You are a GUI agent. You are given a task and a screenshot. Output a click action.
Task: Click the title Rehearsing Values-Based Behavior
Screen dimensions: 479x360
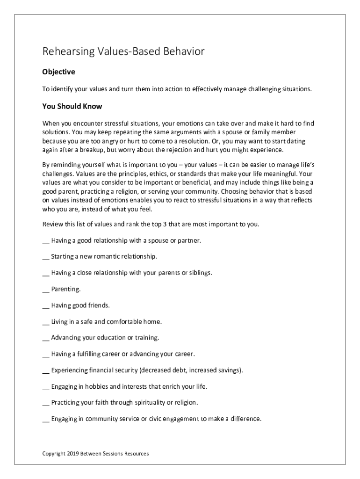[x=123, y=51]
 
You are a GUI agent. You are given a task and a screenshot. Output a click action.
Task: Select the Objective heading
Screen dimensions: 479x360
[x=58, y=72]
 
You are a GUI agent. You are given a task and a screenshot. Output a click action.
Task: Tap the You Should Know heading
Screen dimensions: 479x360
[x=72, y=106]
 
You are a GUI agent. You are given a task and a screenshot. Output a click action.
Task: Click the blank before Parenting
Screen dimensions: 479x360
[x=45, y=290]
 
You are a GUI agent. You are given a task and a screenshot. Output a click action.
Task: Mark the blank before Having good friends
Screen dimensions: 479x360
[x=45, y=306]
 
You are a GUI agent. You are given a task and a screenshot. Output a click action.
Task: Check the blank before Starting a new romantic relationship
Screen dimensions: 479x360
[x=45, y=257]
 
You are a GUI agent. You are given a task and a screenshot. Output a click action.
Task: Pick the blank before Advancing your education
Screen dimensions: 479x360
[x=45, y=338]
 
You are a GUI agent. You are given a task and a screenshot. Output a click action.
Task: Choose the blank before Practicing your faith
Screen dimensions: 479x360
[x=45, y=403]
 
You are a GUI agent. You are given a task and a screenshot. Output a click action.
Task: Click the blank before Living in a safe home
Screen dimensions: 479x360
[x=45, y=322]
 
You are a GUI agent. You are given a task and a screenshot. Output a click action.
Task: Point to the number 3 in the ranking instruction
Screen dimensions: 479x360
[x=165, y=224]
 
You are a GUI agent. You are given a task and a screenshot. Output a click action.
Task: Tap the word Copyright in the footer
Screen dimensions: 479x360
[x=54, y=453]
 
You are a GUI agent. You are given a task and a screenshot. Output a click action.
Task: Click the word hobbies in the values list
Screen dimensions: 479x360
[x=94, y=386]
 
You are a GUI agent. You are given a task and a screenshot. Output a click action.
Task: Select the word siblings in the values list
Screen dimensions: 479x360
[x=200, y=273]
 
